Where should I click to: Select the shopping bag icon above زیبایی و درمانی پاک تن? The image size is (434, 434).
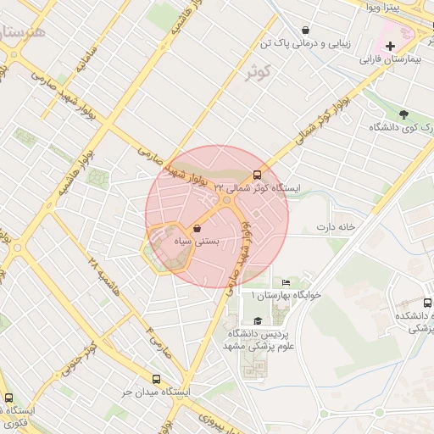(x=304, y=30)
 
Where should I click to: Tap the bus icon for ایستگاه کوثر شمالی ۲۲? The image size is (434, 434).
(x=258, y=176)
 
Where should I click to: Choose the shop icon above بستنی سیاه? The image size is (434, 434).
(x=197, y=228)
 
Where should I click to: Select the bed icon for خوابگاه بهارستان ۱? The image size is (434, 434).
(x=285, y=283)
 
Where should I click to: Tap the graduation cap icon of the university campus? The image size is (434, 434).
(x=258, y=319)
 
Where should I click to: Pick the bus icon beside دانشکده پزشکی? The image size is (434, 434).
(x=427, y=302)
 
